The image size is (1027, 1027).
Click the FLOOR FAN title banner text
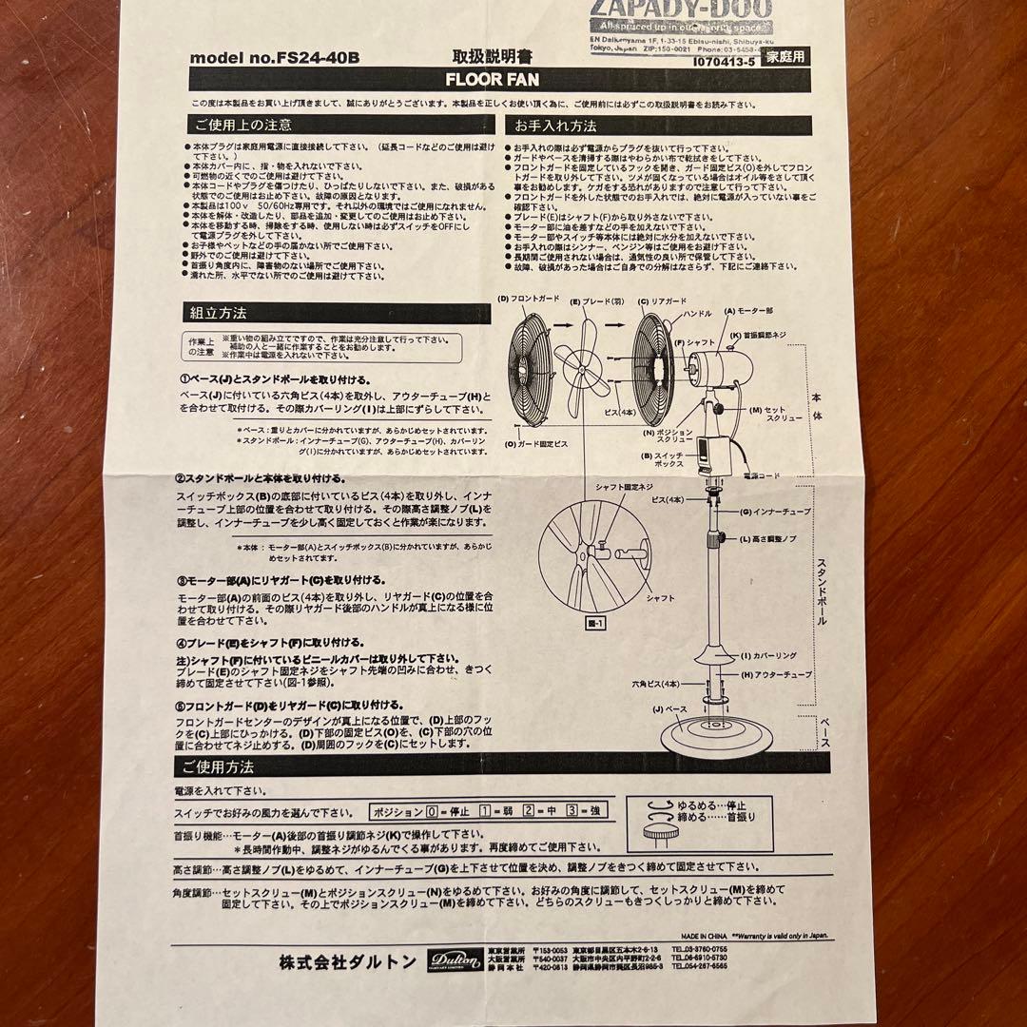point(492,81)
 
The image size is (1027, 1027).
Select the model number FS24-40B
point(275,58)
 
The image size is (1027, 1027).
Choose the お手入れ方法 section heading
point(556,125)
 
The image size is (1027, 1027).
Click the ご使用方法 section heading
point(214,766)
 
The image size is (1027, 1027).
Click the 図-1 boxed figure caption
point(591,624)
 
